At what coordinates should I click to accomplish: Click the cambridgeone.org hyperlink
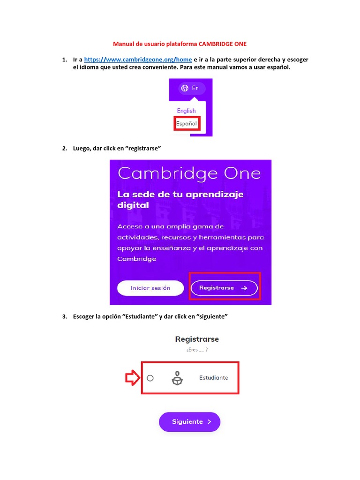pyautogui.click(x=138, y=60)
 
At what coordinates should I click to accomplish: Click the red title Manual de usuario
pyautogui.click(x=180, y=44)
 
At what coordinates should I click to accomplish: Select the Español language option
pyautogui.click(x=186, y=123)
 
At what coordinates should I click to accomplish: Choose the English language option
pyautogui.click(x=186, y=111)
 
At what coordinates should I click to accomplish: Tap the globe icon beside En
pyautogui.click(x=185, y=88)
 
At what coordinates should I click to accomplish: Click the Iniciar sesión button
pyautogui.click(x=150, y=288)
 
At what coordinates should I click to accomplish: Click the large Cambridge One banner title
pyautogui.click(x=189, y=173)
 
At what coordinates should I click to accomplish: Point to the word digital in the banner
pyautogui.click(x=133, y=205)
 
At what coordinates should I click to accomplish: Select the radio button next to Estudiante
pyautogui.click(x=150, y=378)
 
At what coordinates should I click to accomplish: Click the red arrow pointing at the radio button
pyautogui.click(x=132, y=378)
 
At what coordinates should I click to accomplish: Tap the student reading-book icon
pyautogui.click(x=177, y=378)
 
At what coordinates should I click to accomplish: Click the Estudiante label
pyautogui.click(x=213, y=378)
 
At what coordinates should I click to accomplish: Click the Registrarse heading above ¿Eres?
pyautogui.click(x=197, y=339)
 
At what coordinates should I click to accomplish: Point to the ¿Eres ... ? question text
pyautogui.click(x=197, y=350)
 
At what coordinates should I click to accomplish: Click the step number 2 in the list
pyautogui.click(x=64, y=148)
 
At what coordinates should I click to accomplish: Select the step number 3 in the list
pyautogui.click(x=64, y=316)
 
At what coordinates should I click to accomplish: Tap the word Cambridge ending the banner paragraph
pyautogui.click(x=137, y=259)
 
